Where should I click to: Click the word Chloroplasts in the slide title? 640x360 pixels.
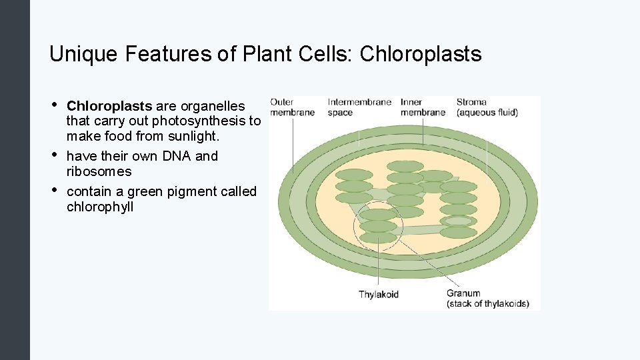[420, 54]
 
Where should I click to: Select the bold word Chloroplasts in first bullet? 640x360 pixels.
[109, 106]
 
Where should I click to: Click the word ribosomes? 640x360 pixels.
[99, 171]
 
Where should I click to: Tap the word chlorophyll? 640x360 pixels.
[100, 207]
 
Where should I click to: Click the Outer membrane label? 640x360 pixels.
[292, 107]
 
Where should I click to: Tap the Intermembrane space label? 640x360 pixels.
[359, 107]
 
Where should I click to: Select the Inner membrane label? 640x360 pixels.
[423, 107]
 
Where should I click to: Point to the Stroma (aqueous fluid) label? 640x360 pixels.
[487, 107]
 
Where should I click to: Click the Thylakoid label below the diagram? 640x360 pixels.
[379, 294]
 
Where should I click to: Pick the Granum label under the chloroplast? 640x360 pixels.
[487, 298]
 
